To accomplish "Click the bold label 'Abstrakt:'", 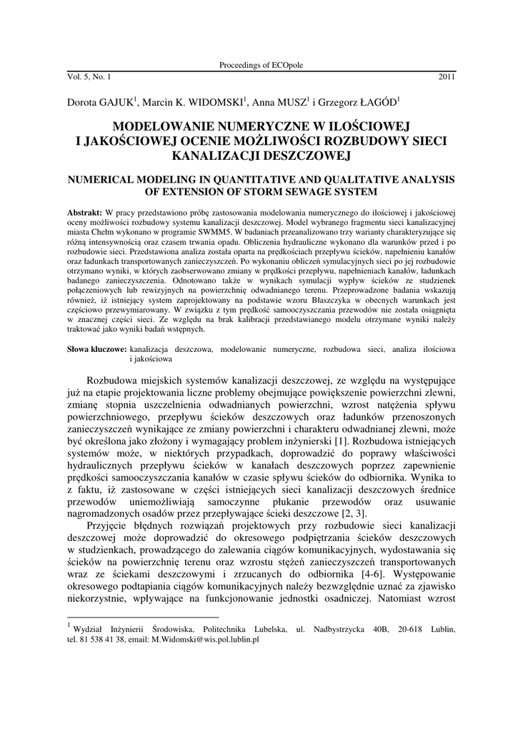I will click(84, 214).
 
